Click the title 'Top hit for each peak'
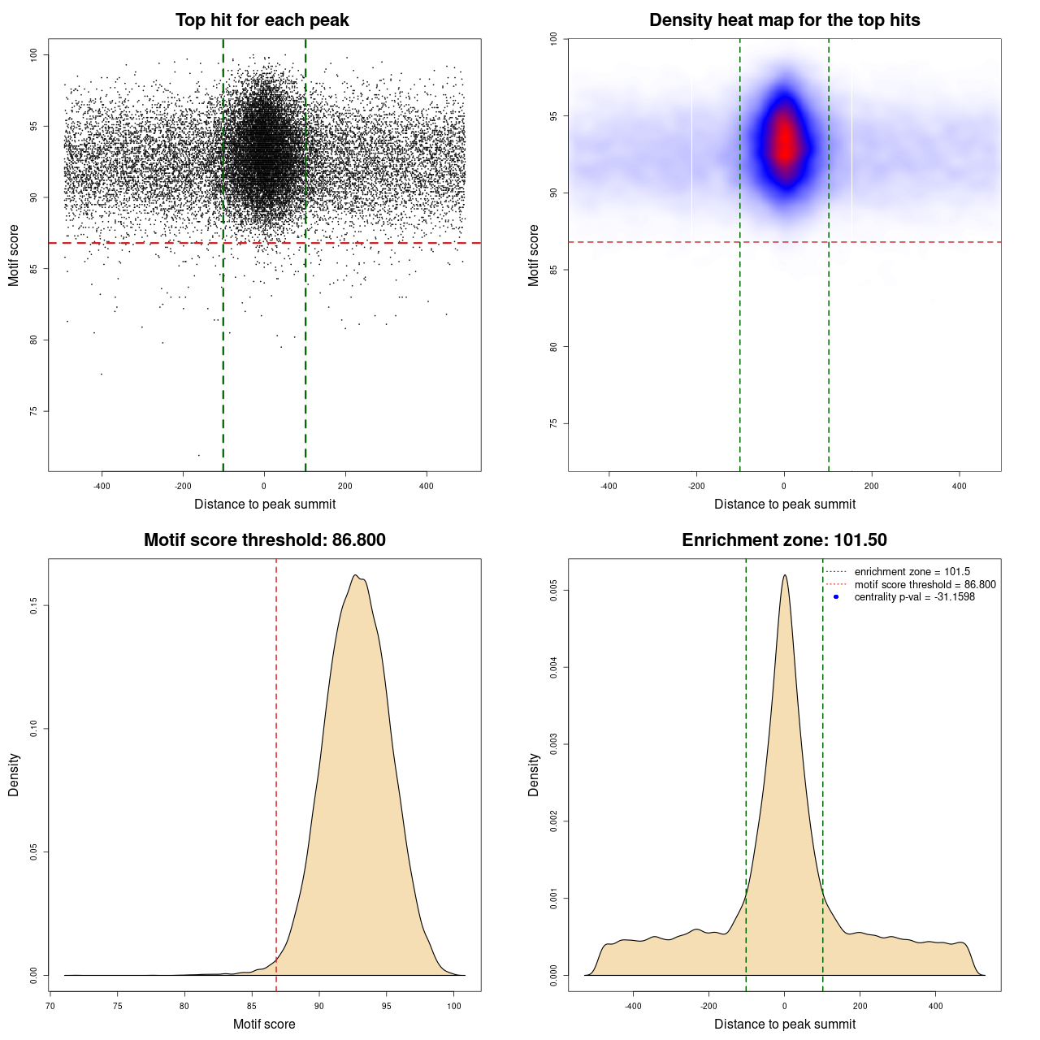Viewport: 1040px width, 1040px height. (x=262, y=20)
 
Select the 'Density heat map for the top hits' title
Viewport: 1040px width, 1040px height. (x=784, y=20)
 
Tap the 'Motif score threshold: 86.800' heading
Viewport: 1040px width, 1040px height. (x=264, y=540)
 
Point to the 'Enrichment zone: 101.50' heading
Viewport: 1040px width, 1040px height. (x=784, y=540)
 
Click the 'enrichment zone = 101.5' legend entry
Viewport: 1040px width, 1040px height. (x=912, y=572)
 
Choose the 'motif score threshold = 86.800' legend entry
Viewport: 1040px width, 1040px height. (x=925, y=585)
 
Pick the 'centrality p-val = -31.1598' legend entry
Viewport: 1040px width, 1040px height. (x=914, y=597)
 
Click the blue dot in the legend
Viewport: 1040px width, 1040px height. (x=836, y=597)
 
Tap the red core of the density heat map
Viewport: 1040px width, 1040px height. (x=785, y=142)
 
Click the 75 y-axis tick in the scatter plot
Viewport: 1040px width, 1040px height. (x=34, y=411)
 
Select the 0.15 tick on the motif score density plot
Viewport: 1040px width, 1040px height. (x=34, y=605)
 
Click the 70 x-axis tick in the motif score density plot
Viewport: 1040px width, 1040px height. (x=50, y=1006)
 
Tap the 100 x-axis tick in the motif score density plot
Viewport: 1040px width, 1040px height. (x=454, y=1006)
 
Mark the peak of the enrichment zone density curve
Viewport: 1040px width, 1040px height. (x=785, y=575)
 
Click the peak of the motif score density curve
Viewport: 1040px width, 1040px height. (x=356, y=575)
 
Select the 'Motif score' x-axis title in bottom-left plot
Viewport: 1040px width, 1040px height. (x=264, y=1024)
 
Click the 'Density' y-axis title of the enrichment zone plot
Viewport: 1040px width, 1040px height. (x=534, y=774)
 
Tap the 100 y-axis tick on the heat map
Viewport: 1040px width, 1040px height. (x=554, y=38)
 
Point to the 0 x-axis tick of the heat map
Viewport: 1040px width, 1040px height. (x=784, y=486)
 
